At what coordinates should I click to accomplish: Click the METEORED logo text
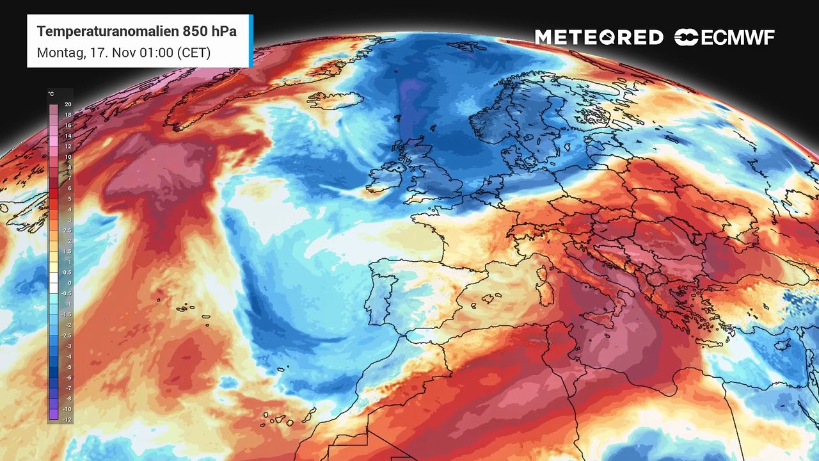point(599,38)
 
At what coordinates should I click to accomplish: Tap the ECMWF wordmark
point(737,38)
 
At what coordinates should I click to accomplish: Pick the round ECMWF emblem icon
point(686,38)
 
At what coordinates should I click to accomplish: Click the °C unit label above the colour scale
point(51,94)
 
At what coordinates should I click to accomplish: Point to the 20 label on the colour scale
point(68,104)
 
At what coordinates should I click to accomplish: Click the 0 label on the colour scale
point(68,283)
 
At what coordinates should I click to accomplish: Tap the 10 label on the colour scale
point(68,157)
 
